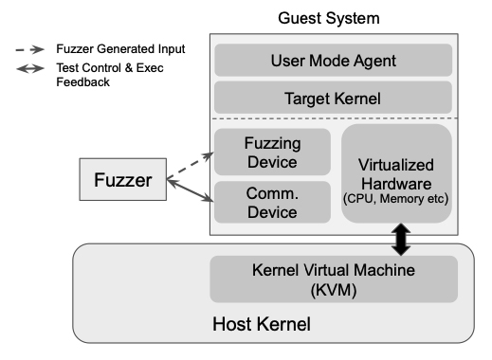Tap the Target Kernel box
click(333, 97)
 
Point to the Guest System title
click(332, 18)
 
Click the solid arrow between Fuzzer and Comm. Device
click(191, 189)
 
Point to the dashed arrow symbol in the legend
click(31, 48)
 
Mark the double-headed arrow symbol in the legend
click(31, 67)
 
